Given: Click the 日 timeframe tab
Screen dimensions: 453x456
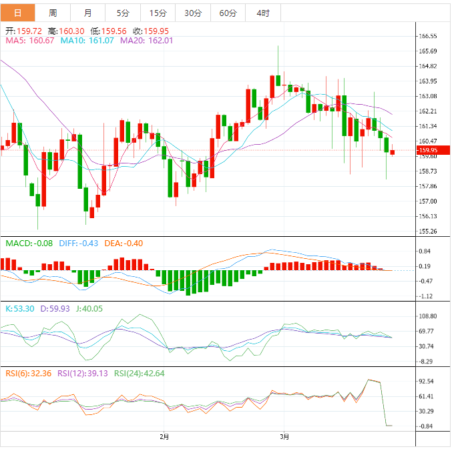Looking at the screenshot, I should point(17,13).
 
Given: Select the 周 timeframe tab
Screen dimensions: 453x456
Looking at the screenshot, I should point(53,13).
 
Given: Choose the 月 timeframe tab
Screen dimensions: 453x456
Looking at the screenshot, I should point(88,13).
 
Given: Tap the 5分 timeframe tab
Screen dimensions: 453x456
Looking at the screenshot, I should point(123,13).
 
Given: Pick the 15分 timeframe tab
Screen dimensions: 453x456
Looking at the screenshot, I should point(158,13).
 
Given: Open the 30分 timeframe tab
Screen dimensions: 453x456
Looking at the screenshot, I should point(193,13).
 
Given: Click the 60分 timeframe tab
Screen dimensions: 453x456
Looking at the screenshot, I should point(228,13).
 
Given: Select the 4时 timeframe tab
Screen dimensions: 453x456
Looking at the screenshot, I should point(263,13).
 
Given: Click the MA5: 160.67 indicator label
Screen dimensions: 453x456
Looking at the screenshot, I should point(29,41).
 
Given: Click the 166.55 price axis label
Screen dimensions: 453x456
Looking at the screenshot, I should point(427,36).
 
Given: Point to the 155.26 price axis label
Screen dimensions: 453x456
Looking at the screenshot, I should point(427,232).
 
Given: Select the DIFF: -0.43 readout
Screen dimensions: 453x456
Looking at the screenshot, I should point(79,244).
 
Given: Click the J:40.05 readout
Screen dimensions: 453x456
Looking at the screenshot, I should point(87,309).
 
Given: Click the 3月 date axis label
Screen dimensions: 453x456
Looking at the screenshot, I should point(284,437).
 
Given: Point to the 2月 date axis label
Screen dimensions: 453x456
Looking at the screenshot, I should point(164,437).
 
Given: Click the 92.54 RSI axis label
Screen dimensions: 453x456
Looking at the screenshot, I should point(427,382).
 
